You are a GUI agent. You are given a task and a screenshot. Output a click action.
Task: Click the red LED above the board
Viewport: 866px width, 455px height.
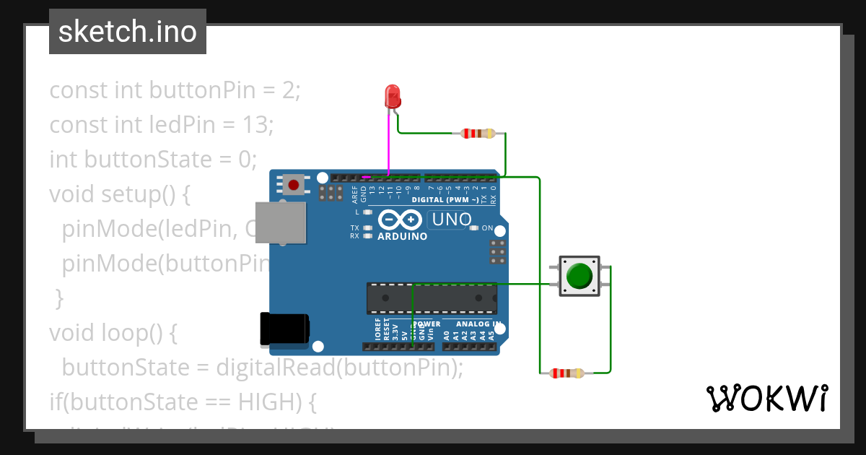(393, 96)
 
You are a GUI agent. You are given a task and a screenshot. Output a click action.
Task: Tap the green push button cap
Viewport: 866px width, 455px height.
(579, 276)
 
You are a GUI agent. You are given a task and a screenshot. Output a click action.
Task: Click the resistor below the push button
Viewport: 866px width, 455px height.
(567, 373)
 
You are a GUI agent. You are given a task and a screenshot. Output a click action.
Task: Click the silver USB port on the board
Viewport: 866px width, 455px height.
(288, 222)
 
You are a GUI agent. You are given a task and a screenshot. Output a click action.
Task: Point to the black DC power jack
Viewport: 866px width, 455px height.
(284, 329)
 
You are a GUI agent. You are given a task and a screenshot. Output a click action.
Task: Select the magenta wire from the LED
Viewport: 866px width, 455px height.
(389, 144)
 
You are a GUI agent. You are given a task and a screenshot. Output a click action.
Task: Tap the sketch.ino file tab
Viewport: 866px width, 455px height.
(128, 32)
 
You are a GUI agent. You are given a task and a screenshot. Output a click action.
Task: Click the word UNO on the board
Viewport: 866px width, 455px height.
(451, 220)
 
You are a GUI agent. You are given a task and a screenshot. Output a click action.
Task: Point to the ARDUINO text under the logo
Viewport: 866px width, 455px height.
(403, 236)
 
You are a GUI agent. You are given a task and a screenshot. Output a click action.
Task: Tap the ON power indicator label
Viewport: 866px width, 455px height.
(487, 228)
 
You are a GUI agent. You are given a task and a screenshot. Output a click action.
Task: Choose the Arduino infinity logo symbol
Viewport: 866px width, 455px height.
(399, 220)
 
